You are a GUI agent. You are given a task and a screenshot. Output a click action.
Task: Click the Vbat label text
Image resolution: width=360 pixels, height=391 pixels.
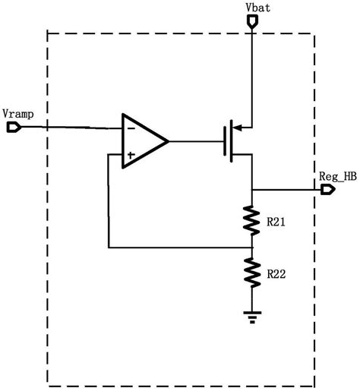tap(257, 8)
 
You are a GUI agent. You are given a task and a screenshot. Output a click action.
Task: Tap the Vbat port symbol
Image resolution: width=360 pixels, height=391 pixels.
tap(252, 21)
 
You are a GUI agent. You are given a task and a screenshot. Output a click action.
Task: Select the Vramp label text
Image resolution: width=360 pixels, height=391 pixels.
tap(18, 114)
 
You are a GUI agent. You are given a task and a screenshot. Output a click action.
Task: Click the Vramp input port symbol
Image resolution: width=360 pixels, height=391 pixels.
tap(14, 127)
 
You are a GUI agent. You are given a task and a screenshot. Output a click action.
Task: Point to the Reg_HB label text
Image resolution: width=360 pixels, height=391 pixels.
tap(338, 176)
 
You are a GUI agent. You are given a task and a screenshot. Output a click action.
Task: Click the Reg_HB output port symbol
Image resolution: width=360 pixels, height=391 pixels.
tap(328, 189)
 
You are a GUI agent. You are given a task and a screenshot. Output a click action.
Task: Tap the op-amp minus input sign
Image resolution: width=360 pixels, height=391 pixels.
tap(131, 128)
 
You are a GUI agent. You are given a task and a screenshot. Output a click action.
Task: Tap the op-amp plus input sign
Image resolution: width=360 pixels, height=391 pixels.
tap(131, 155)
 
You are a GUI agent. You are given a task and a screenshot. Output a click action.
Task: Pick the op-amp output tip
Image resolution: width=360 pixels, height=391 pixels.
tap(169, 141)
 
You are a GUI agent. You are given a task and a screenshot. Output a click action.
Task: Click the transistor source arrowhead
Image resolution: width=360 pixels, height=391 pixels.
tap(238, 128)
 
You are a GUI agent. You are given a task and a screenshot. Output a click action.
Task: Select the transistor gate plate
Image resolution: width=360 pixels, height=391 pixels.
tap(225, 141)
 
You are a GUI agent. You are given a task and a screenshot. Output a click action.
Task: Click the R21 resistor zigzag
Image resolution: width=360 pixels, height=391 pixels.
tap(251, 221)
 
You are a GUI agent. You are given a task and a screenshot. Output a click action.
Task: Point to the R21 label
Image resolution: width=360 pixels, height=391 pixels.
tap(276, 222)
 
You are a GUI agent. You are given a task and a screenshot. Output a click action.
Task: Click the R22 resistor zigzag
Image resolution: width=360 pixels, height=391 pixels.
tap(252, 273)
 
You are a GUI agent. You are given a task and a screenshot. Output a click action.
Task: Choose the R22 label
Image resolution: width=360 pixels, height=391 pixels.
tap(276, 274)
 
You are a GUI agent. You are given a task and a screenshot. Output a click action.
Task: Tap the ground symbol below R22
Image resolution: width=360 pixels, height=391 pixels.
tap(252, 317)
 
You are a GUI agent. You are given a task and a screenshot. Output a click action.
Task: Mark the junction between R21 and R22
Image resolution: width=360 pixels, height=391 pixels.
tap(252, 248)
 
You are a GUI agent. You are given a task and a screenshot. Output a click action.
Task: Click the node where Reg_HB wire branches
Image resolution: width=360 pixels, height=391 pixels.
tap(252, 189)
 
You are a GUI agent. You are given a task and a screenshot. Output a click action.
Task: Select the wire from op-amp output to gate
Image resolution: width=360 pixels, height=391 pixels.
tap(196, 141)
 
